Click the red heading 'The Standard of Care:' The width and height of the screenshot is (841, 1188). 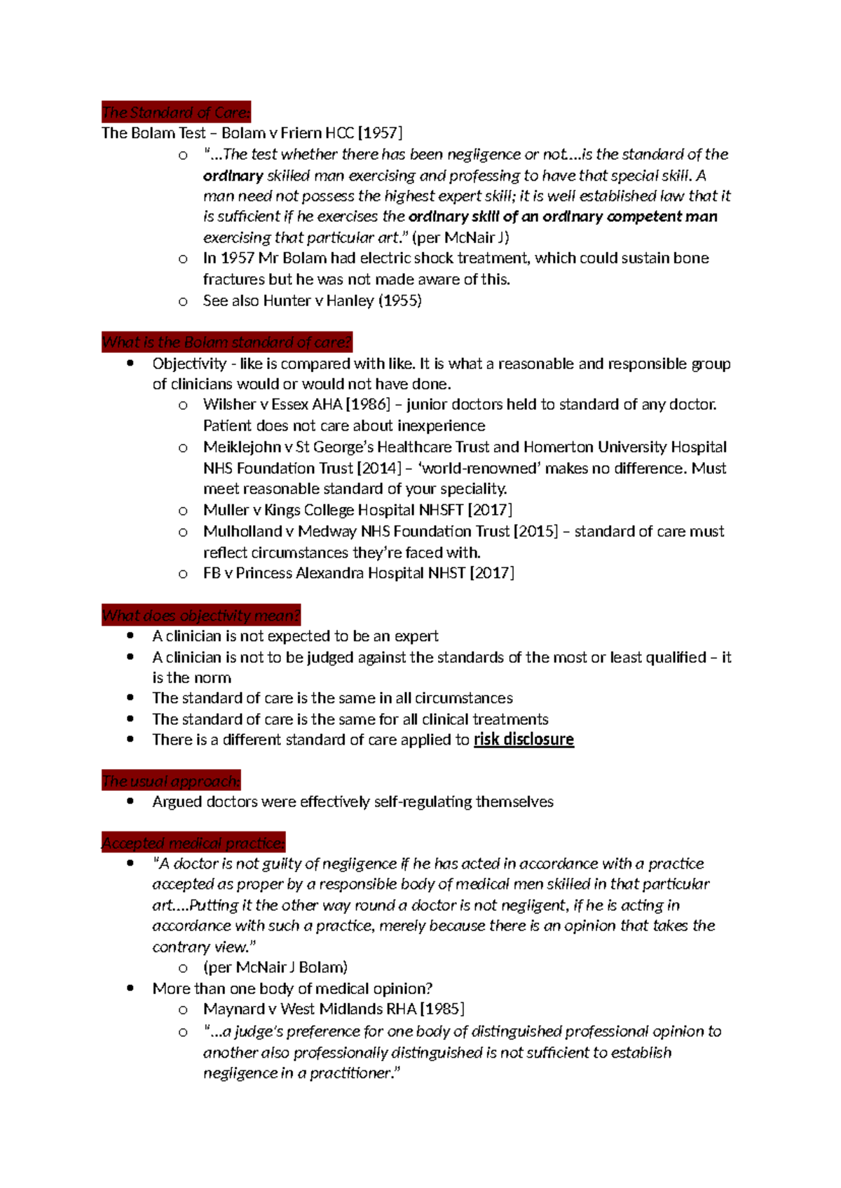click(175, 112)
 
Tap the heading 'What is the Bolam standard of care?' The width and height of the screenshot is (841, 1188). click(226, 342)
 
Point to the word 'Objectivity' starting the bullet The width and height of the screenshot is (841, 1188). click(189, 364)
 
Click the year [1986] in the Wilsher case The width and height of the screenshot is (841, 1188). click(368, 404)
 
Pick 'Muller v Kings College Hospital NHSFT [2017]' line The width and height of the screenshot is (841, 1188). click(357, 510)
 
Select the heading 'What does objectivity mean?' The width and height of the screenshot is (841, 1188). click(200, 615)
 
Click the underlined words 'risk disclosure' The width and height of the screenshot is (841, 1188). click(524, 740)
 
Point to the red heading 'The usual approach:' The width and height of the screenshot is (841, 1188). click(171, 781)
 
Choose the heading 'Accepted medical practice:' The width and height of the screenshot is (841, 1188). click(193, 843)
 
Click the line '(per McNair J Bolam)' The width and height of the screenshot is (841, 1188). click(275, 967)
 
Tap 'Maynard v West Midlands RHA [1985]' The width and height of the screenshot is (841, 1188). click(334, 1009)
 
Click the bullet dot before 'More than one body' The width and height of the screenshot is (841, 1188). click(130, 988)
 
